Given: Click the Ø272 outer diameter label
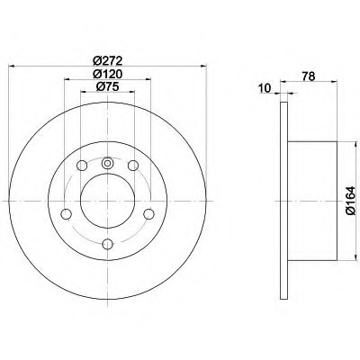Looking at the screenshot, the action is click(108, 61).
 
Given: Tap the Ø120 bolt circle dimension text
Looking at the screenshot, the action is click(108, 74).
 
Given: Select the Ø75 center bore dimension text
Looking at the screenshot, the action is click(108, 86).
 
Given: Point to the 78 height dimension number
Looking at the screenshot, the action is click(309, 76).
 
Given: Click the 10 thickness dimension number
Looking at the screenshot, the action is click(265, 88).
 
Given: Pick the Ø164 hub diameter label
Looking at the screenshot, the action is click(350, 201).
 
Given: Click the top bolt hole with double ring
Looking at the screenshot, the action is click(107, 163).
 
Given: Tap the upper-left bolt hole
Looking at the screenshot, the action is click(82, 166).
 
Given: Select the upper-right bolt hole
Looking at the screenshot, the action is click(133, 166).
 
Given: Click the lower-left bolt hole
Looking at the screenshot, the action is click(67, 214).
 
